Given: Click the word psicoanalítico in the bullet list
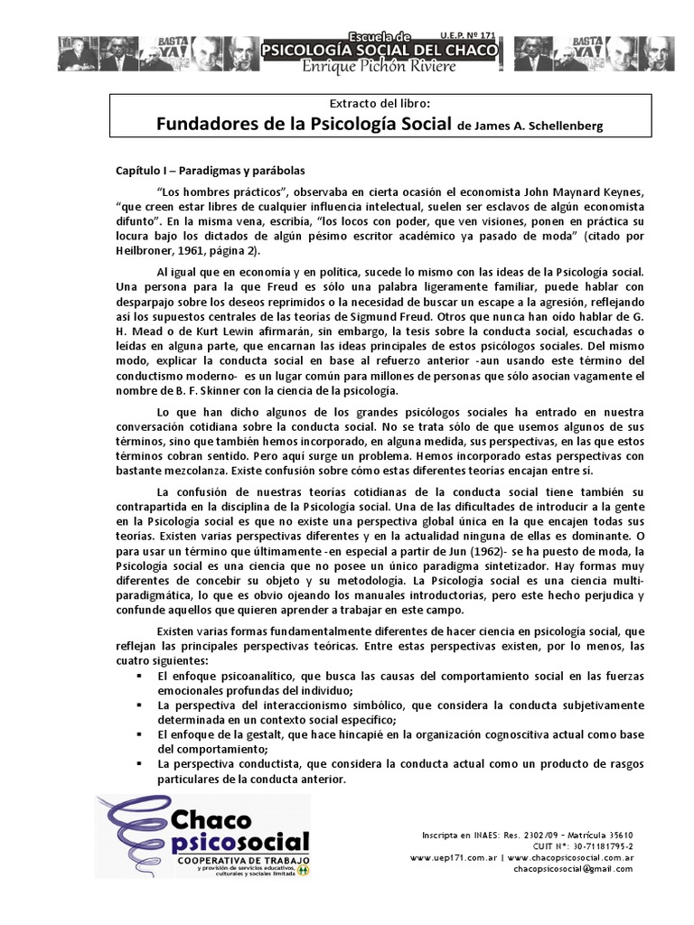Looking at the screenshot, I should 257,675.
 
